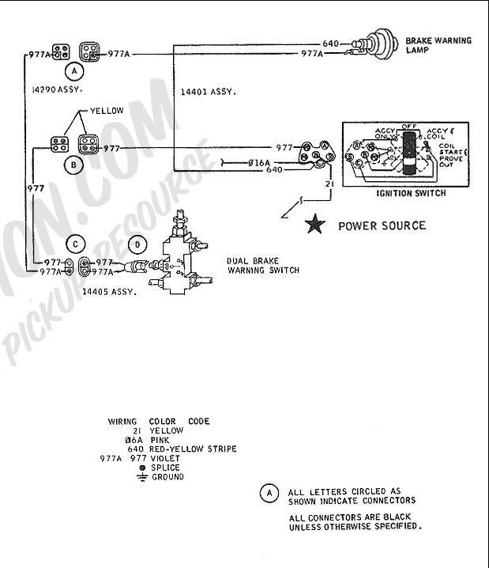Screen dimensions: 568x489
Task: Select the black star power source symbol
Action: [x=316, y=225]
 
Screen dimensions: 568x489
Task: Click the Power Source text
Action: [x=382, y=225]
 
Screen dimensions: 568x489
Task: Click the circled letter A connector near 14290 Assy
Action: [x=74, y=71]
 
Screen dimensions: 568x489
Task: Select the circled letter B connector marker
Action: [x=74, y=165]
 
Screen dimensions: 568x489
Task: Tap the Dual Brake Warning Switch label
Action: [x=262, y=265]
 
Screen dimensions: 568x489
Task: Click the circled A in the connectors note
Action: [x=269, y=494]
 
